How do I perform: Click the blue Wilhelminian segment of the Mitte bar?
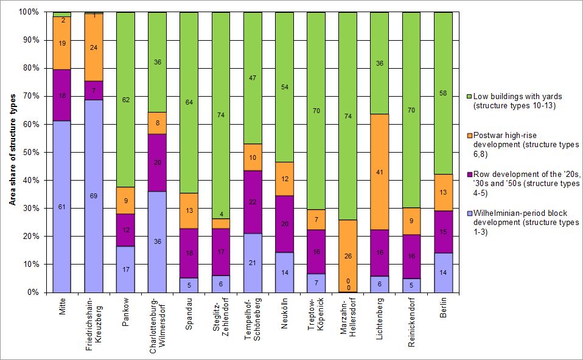[61, 207]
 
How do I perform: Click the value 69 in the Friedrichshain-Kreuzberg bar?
[93, 196]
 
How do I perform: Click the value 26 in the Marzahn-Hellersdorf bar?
[347, 256]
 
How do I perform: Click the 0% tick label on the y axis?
[32, 292]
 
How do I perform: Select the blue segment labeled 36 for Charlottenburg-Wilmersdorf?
[157, 241]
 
